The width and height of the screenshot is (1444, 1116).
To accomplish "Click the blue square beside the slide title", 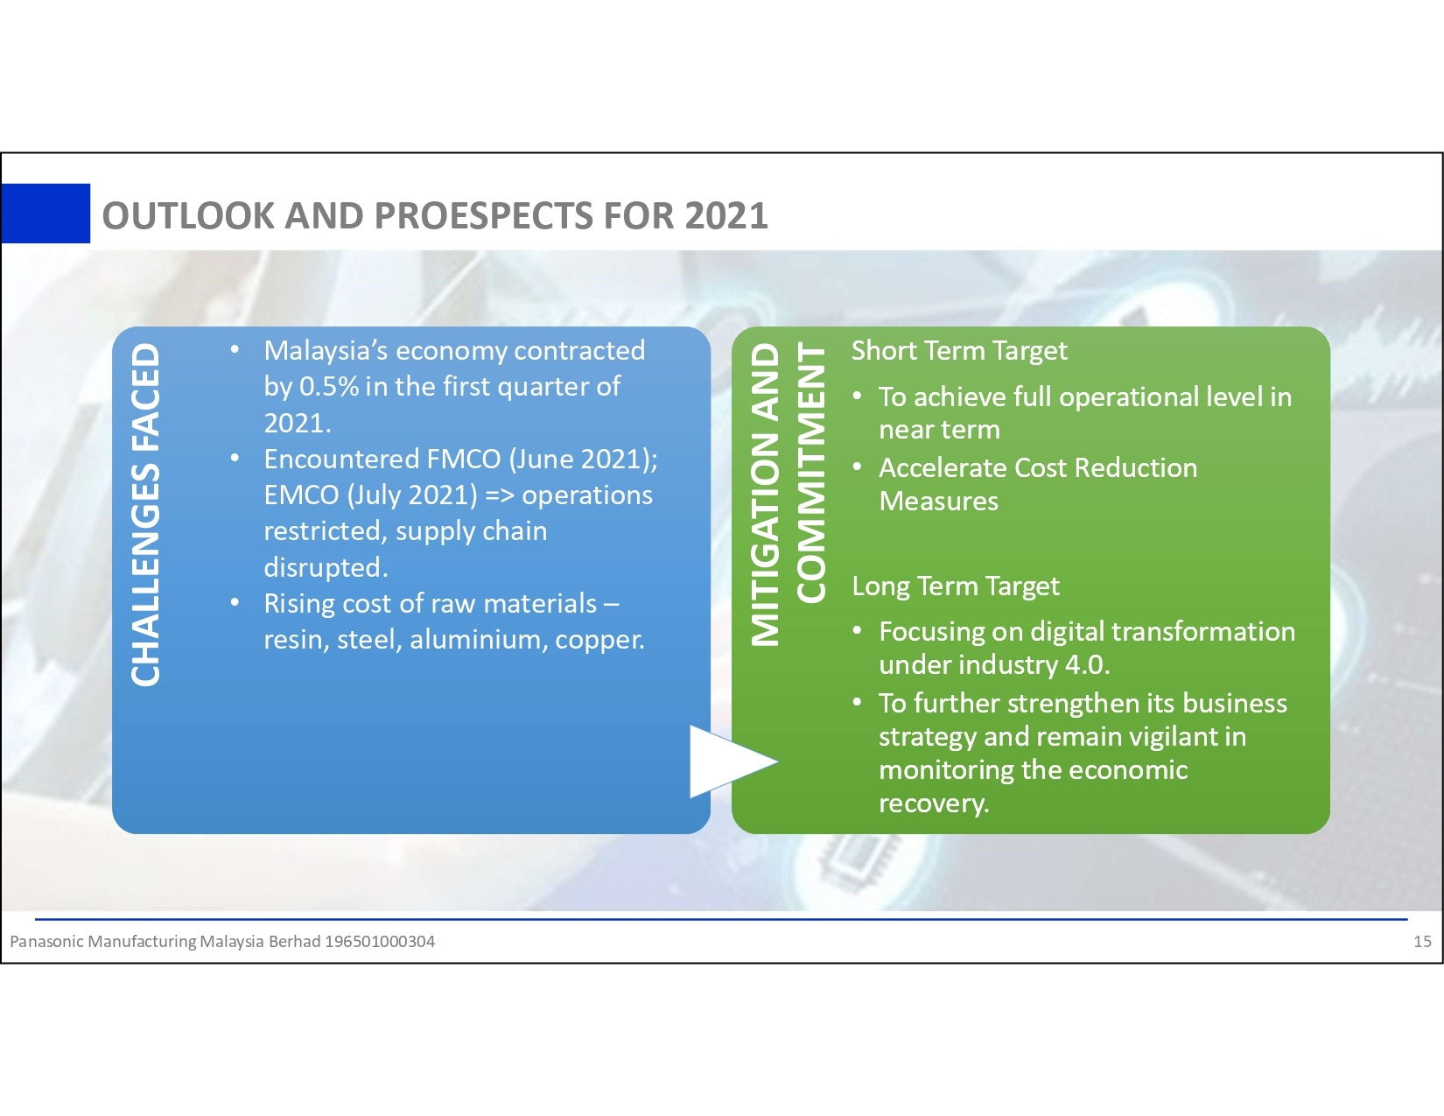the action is pyautogui.click(x=46, y=214).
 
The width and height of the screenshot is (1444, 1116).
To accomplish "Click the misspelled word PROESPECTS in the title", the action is pyautogui.click(x=483, y=216).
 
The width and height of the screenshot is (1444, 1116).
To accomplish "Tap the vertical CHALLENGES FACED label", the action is pyautogui.click(x=145, y=514).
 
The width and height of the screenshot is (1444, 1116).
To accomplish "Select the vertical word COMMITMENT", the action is pyautogui.click(x=810, y=474).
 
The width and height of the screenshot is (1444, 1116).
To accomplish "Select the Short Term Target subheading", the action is pyautogui.click(x=959, y=350).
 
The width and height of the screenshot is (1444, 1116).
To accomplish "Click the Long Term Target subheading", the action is pyautogui.click(x=955, y=586).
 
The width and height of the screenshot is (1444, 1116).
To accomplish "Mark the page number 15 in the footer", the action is pyautogui.click(x=1422, y=941).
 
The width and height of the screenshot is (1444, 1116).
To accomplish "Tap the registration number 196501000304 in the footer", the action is pyautogui.click(x=380, y=941).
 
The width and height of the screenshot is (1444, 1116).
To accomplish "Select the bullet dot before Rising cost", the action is pyautogui.click(x=235, y=603).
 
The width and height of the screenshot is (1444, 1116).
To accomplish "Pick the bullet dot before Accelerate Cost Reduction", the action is pyautogui.click(x=858, y=467).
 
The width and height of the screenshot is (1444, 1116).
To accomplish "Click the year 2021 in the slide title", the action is pyautogui.click(x=726, y=216).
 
